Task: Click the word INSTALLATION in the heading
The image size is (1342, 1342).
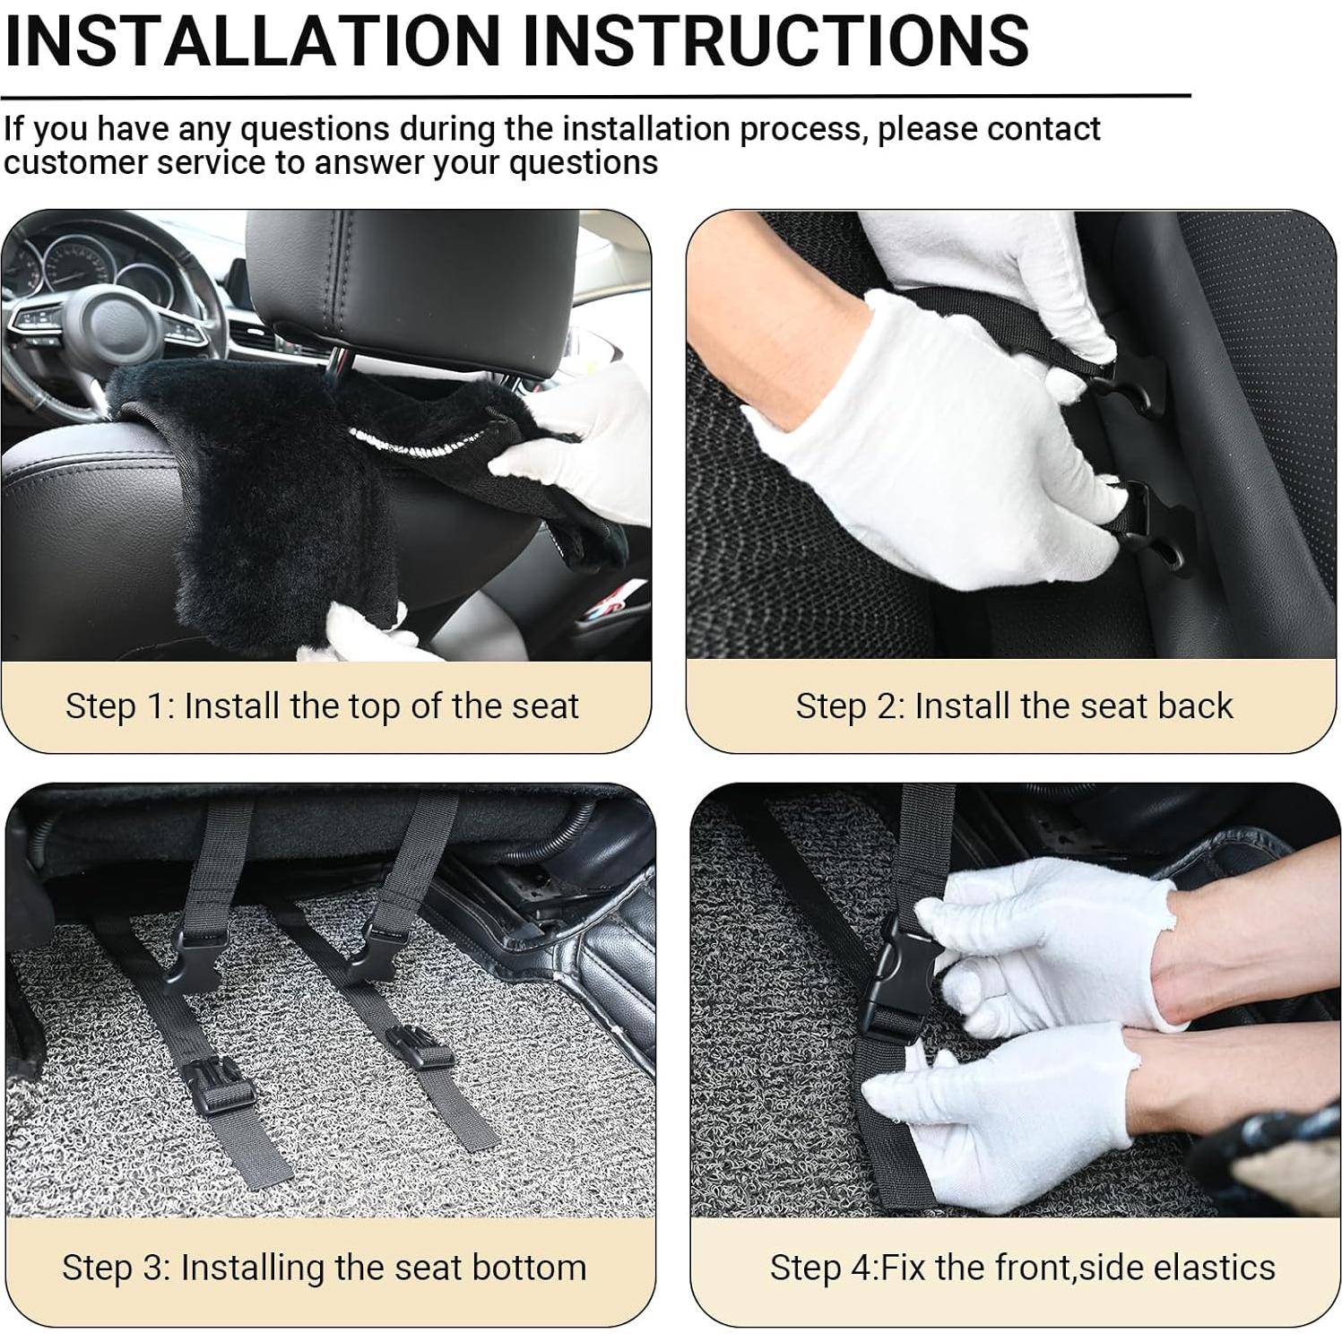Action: coord(253,39)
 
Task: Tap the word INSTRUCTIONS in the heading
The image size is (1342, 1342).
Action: coord(775,39)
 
